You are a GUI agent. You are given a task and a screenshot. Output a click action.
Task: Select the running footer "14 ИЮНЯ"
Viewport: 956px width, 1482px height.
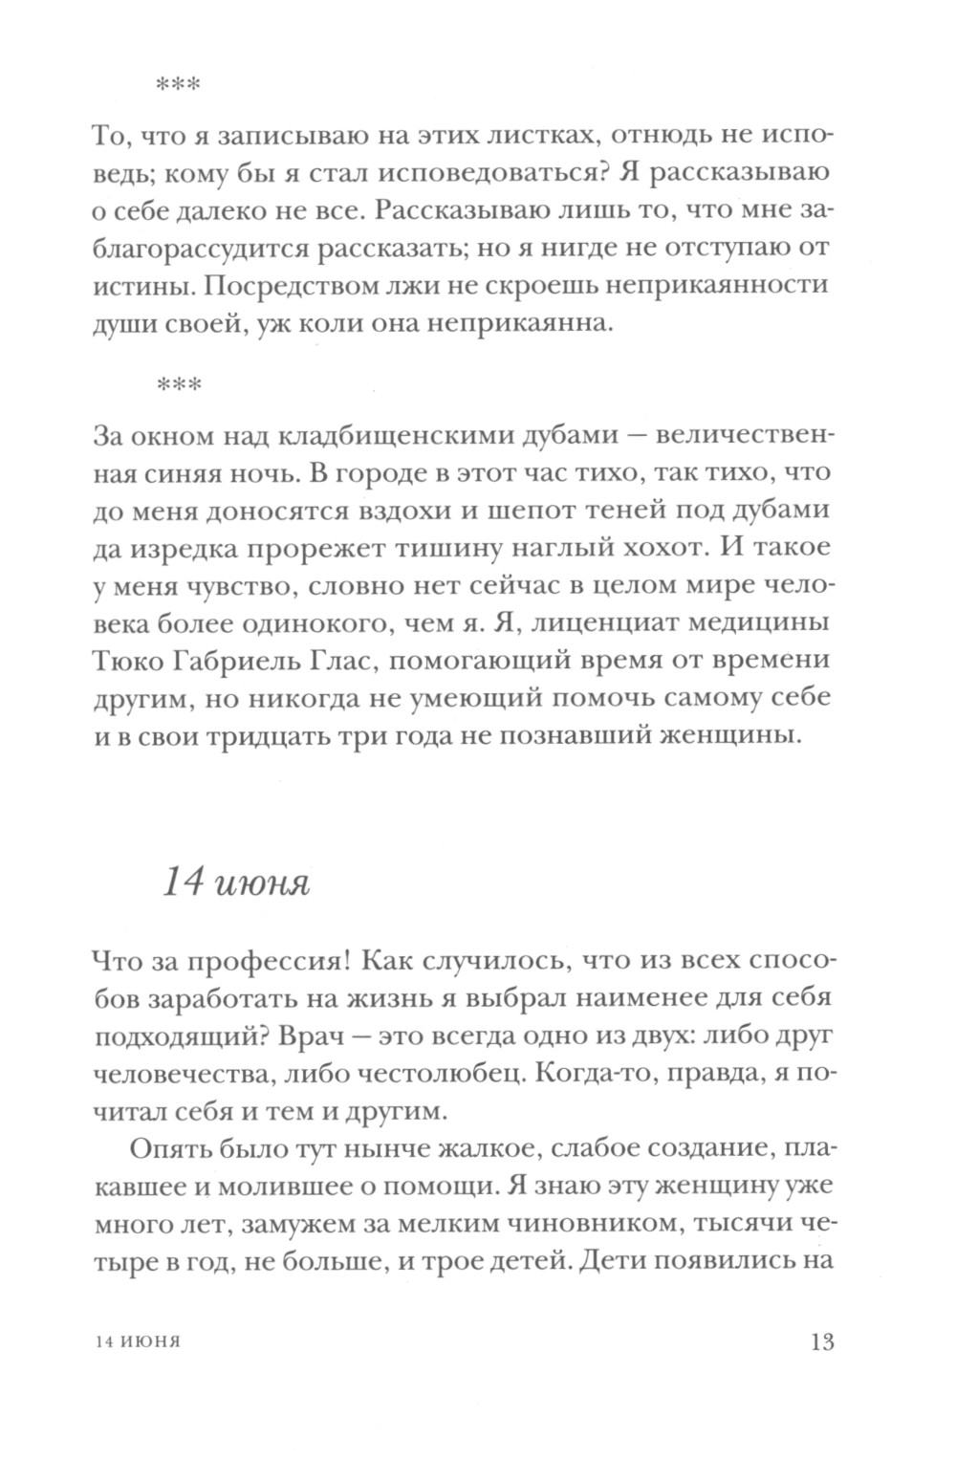pyautogui.click(x=140, y=1342)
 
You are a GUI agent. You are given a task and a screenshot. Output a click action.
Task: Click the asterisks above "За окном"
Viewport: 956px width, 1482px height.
pyautogui.click(x=177, y=386)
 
